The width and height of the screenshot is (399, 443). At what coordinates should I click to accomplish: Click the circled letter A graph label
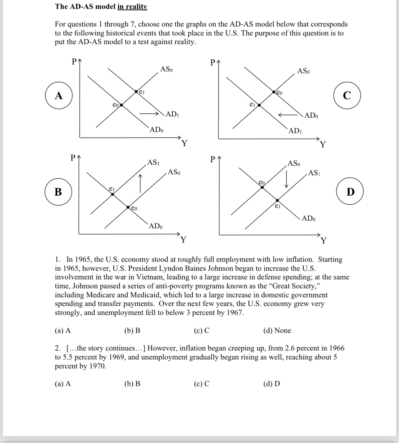[59, 96]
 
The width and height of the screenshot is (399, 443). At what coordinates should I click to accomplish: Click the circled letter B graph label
[58, 192]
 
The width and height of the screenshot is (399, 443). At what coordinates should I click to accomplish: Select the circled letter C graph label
[347, 96]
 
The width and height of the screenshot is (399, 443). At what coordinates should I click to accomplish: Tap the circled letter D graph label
[350, 192]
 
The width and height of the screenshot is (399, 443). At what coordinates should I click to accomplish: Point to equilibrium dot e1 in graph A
[136, 92]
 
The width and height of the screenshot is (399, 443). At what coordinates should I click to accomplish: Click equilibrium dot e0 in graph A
[121, 105]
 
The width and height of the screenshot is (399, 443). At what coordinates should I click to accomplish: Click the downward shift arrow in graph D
[287, 179]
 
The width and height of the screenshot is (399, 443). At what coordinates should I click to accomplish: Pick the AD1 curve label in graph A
[172, 114]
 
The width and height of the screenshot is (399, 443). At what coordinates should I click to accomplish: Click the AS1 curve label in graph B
[153, 162]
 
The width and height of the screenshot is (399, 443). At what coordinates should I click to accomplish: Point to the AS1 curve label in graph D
[314, 173]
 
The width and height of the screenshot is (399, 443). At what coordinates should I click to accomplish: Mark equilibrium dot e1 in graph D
[277, 200]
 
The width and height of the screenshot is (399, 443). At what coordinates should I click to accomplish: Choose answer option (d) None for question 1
[277, 330]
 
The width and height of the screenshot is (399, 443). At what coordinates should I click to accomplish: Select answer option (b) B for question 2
[132, 384]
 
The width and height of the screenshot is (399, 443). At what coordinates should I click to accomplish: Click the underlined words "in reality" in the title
[132, 6]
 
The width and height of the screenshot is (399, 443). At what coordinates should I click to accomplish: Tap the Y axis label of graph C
[323, 144]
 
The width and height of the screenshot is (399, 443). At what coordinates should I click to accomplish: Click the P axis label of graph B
[73, 158]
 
